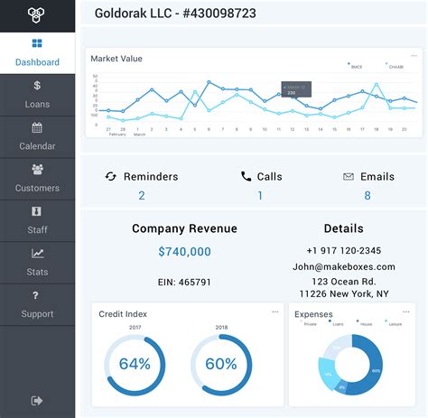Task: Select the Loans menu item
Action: [x=37, y=95]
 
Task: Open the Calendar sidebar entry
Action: [x=37, y=136]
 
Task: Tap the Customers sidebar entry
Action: [x=37, y=178]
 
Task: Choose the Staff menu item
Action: [x=37, y=220]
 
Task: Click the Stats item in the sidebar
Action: [x=37, y=262]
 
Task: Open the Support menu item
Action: [x=37, y=304]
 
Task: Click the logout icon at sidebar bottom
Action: [x=37, y=399]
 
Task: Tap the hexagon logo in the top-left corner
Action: [x=37, y=15]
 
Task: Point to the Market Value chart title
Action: [x=116, y=59]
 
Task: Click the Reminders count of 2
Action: [x=142, y=195]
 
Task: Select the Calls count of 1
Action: [x=260, y=195]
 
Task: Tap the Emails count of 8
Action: [x=367, y=195]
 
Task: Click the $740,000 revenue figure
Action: [x=184, y=252]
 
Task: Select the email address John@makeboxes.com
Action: [x=343, y=266]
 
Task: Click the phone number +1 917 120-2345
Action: [x=343, y=250]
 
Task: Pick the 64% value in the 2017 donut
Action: [x=135, y=365]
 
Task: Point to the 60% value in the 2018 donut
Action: [x=221, y=365]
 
